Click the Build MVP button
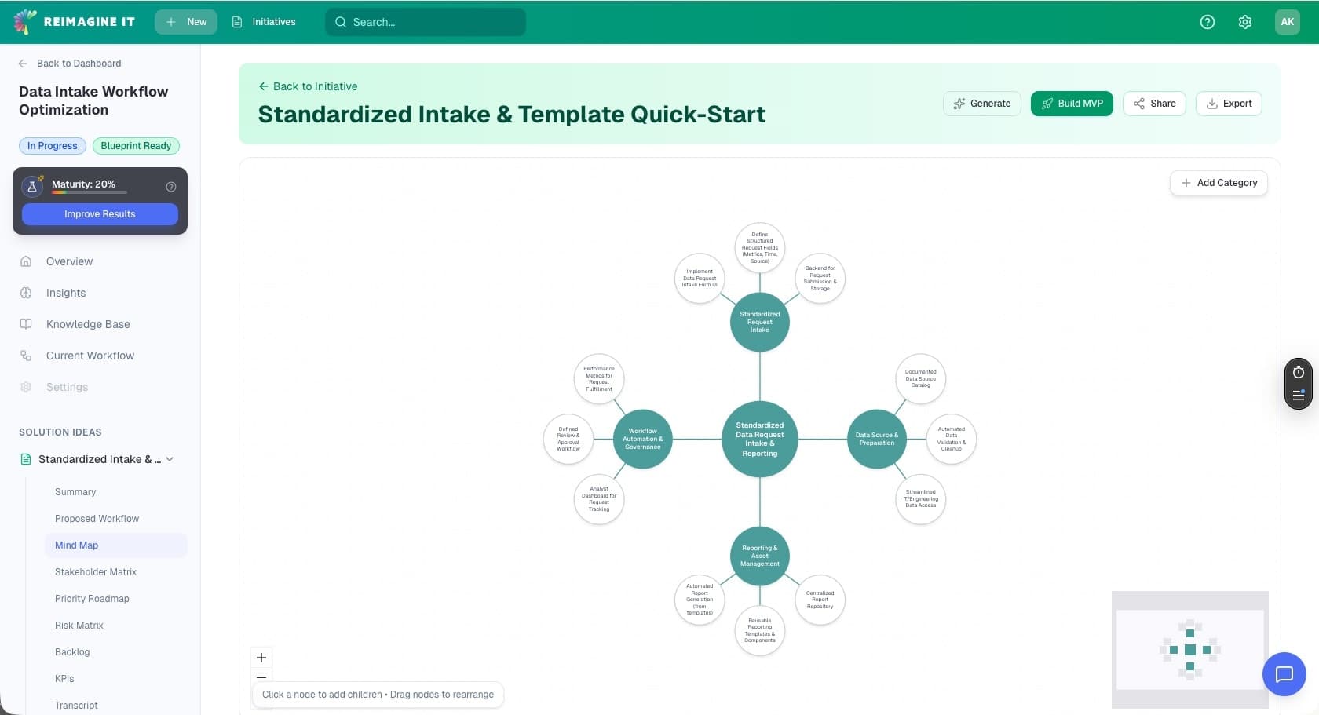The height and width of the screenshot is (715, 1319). point(1071,104)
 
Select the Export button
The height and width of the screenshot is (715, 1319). point(1228,104)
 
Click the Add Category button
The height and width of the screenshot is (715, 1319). point(1219,183)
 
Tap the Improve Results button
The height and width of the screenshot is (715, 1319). point(100,214)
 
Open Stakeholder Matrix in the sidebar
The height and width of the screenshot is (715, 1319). point(96,572)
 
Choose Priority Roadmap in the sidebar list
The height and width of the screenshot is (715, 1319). point(92,599)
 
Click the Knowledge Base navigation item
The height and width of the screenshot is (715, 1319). point(88,324)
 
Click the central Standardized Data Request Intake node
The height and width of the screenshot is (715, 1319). point(759,440)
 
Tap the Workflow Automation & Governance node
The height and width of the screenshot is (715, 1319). point(642,439)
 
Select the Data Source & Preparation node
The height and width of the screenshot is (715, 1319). point(876,439)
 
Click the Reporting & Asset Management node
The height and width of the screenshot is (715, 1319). point(759,556)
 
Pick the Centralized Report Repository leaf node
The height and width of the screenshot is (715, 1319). point(820,600)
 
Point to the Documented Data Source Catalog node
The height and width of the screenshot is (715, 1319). point(920,379)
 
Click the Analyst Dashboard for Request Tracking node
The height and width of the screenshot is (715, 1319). point(599,499)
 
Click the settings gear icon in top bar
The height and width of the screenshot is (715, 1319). point(1244,22)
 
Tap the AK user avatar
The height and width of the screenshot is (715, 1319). point(1287,22)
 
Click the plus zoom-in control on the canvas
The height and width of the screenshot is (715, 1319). point(261,658)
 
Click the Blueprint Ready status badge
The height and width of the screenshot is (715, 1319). point(136,146)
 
